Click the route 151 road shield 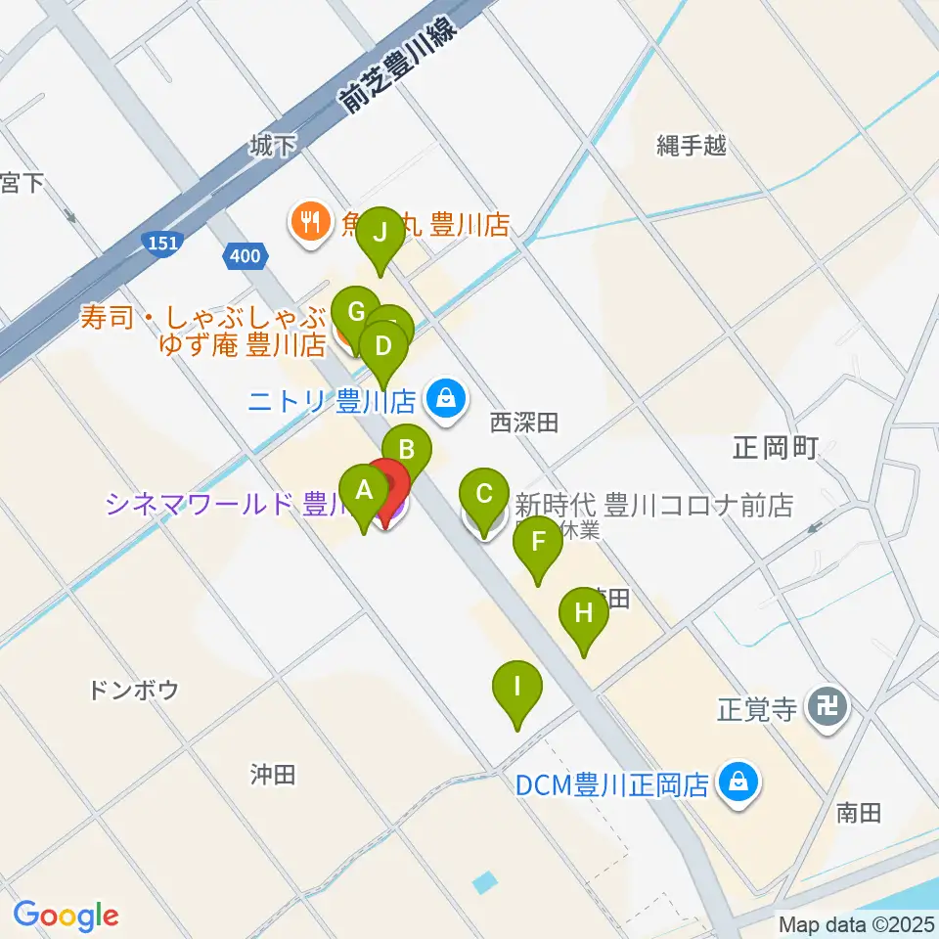tap(161, 241)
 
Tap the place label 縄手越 tap(692, 147)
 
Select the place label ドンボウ tap(133, 691)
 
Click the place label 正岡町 tap(775, 449)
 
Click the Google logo tap(66, 916)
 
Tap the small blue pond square tap(483, 883)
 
